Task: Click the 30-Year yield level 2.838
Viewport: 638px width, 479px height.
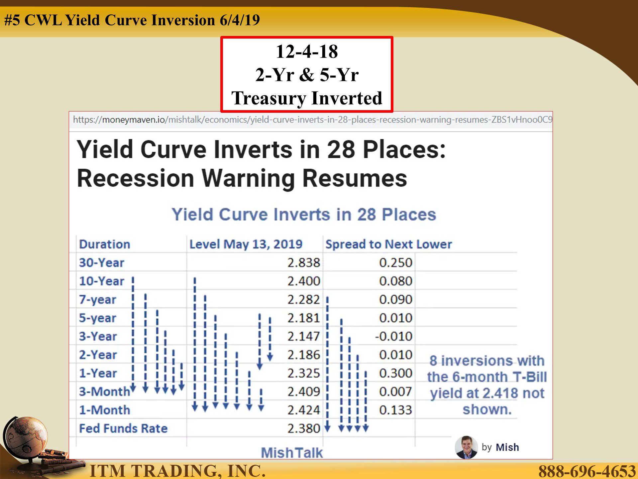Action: pos(304,262)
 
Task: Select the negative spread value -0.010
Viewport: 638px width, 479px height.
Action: pos(394,336)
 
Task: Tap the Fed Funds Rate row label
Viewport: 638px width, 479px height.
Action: pos(123,428)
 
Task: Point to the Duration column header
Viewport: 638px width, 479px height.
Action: pos(105,244)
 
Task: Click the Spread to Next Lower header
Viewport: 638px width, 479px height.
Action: pos(389,244)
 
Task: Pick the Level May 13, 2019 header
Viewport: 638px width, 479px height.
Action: pos(246,244)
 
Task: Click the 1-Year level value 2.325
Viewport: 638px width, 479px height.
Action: pos(304,373)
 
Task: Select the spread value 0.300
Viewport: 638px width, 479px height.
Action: pos(396,373)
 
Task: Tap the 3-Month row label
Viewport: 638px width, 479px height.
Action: pos(104,392)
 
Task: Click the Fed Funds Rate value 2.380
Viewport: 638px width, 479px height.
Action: pos(304,428)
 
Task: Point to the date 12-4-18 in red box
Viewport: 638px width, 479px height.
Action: pos(307,52)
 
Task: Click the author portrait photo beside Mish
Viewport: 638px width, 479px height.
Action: pos(467,447)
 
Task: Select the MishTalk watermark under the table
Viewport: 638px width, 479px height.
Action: pos(292,453)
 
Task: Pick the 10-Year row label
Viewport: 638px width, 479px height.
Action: pos(101,281)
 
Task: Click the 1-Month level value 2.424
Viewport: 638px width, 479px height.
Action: pos(304,410)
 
